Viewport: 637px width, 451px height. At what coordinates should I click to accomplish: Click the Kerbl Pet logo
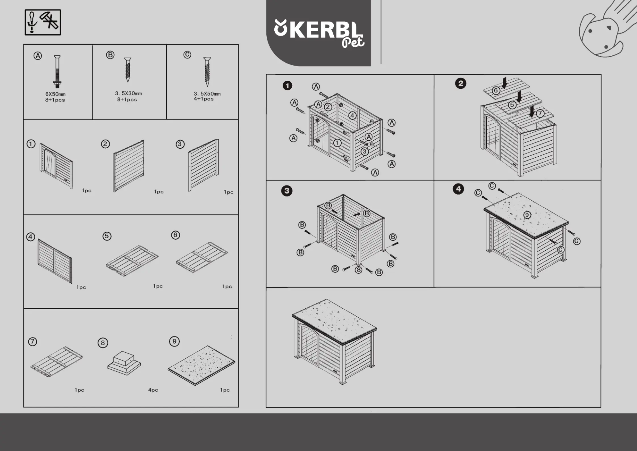tap(319, 33)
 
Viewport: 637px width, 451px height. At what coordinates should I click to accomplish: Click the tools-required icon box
tap(43, 22)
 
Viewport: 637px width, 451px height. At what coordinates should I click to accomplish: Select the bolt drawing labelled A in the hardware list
tap(57, 72)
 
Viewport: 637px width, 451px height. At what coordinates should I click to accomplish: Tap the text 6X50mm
tap(55, 94)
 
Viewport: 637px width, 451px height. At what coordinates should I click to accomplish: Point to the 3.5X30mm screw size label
tap(128, 93)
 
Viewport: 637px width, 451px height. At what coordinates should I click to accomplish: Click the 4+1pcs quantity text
tap(204, 99)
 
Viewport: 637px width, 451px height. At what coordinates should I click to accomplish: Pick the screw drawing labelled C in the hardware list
tap(207, 72)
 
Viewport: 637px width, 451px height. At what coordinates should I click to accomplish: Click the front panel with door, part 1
tap(56, 166)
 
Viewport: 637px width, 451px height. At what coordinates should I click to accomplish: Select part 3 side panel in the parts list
tap(203, 165)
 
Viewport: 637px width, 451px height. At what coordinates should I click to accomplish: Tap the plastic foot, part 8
tap(124, 363)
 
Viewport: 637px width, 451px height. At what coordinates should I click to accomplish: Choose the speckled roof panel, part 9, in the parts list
tap(201, 365)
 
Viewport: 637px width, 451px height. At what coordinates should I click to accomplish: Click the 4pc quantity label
tap(153, 390)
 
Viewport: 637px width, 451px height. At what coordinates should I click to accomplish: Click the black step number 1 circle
tap(287, 86)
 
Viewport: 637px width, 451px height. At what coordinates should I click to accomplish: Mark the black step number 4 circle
tap(458, 189)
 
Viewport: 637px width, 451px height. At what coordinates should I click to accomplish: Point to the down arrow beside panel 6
tap(504, 83)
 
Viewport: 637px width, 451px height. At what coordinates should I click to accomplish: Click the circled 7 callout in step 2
tap(540, 113)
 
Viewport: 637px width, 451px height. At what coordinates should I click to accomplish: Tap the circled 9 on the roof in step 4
tap(527, 215)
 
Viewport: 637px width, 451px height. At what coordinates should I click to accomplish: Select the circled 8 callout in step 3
tap(359, 270)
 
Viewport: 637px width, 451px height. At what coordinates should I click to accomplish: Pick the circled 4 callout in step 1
tap(352, 115)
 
